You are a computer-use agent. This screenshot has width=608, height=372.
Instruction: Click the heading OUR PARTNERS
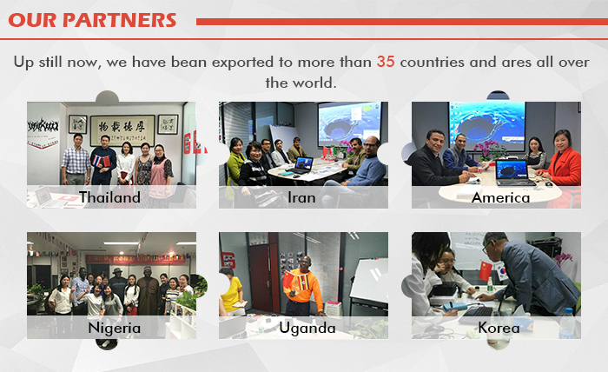[x=92, y=20]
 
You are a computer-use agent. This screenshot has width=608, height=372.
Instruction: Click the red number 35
[x=386, y=62]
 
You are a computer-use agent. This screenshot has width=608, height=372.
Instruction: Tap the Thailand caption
[x=109, y=197]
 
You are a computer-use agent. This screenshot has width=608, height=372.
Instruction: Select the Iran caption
[x=301, y=198]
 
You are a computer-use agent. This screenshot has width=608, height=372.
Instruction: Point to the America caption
[x=500, y=198]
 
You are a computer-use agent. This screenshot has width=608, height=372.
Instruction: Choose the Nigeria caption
[x=114, y=329]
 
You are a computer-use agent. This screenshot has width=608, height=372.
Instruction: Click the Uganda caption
[x=307, y=329]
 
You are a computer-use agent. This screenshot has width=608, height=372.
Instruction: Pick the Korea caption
[x=499, y=328]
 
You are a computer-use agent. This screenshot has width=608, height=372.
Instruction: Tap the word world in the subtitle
[x=314, y=83]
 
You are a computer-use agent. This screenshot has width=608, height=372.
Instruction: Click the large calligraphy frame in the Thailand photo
[x=122, y=130]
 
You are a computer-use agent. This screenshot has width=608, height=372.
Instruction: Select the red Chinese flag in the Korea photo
[x=486, y=271]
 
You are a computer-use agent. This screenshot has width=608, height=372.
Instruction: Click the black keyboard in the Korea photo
[x=475, y=315]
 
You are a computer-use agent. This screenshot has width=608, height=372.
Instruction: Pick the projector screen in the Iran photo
[x=349, y=124]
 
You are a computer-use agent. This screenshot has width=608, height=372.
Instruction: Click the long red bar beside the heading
[x=402, y=22]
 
